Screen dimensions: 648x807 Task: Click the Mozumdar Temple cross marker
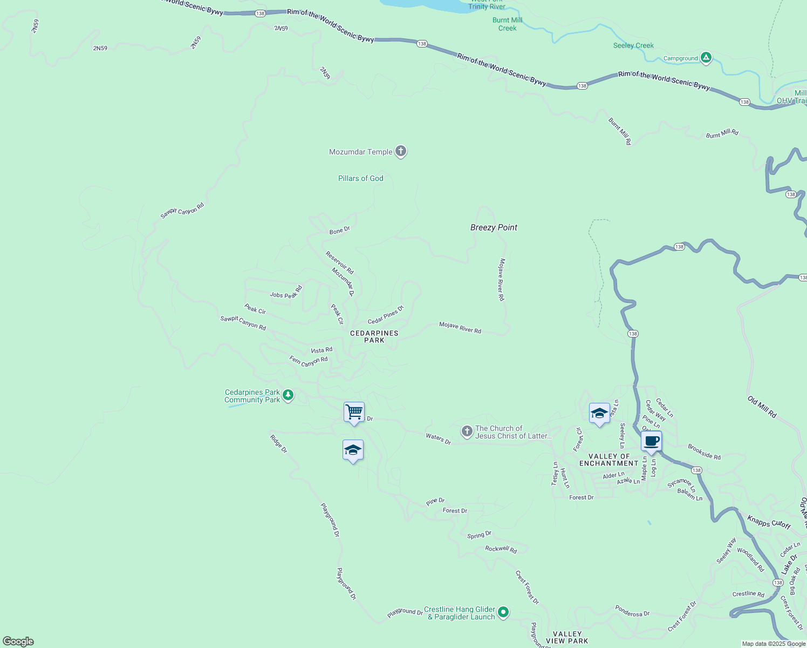(400, 151)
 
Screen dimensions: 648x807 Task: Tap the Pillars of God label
(360, 178)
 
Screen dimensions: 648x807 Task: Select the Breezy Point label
(494, 227)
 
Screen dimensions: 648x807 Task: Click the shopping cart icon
(354, 412)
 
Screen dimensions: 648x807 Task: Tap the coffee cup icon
(652, 441)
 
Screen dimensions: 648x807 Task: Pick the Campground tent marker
(706, 57)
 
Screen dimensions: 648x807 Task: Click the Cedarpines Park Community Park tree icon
(288, 395)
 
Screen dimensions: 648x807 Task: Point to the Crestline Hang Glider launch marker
(503, 612)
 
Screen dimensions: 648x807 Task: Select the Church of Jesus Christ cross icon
(467, 431)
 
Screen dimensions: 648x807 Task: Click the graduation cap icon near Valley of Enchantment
(599, 414)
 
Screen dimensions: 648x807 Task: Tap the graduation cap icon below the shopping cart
(353, 450)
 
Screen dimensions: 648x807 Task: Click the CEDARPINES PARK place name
(374, 336)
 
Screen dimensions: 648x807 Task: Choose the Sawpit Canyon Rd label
(182, 211)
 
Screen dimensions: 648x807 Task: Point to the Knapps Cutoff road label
(769, 522)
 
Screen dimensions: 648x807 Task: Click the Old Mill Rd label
(762, 407)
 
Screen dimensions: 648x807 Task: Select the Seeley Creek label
(633, 45)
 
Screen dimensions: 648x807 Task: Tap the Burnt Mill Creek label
(507, 24)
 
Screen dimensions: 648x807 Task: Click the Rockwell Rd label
(501, 549)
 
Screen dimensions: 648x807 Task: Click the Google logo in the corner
(18, 641)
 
